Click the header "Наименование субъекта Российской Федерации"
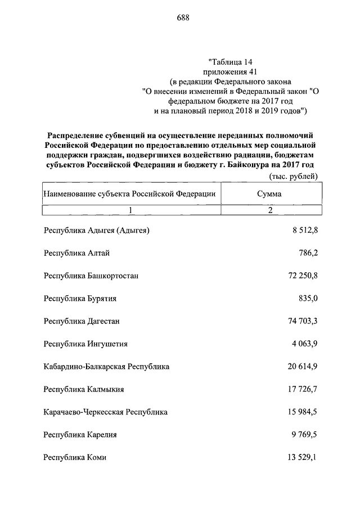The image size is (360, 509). (x=129, y=193)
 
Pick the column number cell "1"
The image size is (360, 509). (x=129, y=210)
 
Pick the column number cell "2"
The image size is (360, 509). (x=270, y=210)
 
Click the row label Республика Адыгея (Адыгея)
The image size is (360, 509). (x=97, y=230)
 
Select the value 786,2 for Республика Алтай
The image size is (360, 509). (x=308, y=253)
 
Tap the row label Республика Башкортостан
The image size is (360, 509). (x=91, y=276)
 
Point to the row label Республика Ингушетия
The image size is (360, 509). (x=85, y=344)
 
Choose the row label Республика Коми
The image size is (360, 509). (x=75, y=457)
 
